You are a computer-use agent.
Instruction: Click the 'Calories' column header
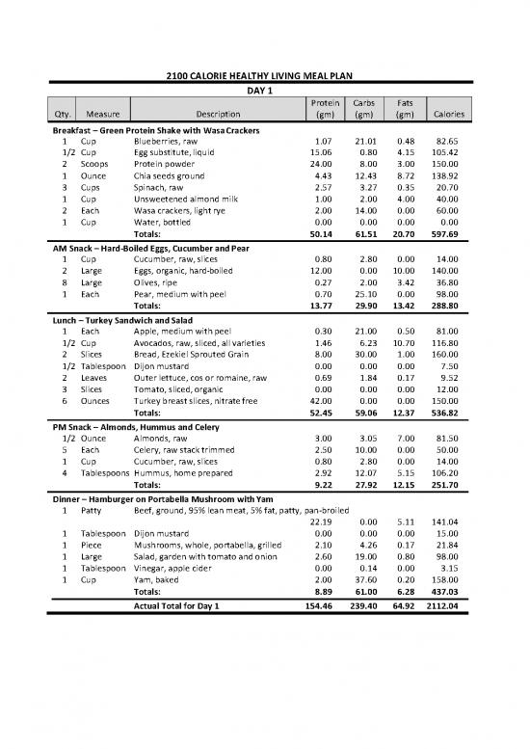pos(449,114)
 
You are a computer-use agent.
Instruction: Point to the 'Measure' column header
pos(102,114)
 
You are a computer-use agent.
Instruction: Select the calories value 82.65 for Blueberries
pos(451,142)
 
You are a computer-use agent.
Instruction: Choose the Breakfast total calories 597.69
pos(449,233)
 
